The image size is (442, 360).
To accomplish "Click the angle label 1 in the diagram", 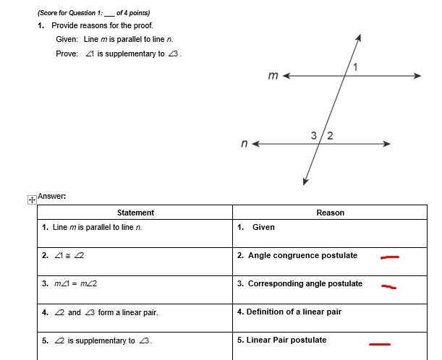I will [355, 67].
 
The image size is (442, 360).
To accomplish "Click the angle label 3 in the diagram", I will [314, 135].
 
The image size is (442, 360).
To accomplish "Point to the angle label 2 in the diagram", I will [330, 136].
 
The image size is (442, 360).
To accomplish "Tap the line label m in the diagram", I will [273, 75].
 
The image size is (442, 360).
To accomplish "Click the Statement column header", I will [135, 213].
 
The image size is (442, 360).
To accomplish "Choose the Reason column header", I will [330, 213].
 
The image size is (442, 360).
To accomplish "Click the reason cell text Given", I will [263, 227].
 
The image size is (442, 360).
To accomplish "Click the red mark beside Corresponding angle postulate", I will [389, 286].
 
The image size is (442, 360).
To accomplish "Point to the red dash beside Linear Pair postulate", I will [380, 344].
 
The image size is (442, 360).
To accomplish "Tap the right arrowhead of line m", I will [417, 75].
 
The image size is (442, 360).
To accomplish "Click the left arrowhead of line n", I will [255, 145].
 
